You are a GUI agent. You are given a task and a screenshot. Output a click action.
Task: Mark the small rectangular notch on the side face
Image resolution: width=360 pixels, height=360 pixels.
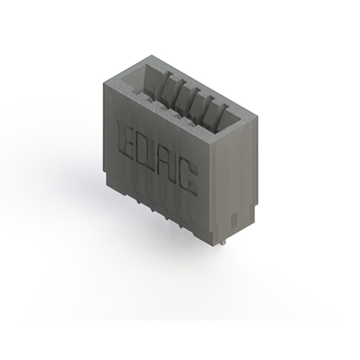[x=235, y=219]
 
